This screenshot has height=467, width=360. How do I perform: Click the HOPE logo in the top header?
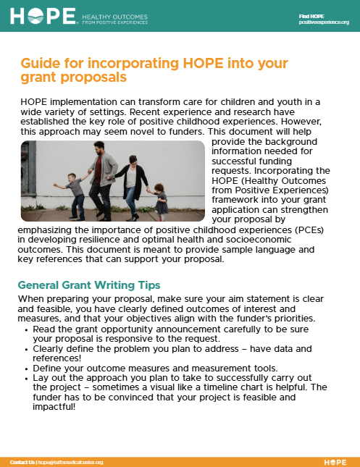[43, 16]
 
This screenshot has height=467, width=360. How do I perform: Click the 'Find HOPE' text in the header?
[311, 15]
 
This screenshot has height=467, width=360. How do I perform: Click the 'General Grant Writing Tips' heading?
[89, 285]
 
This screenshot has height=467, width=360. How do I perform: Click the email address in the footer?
[71, 462]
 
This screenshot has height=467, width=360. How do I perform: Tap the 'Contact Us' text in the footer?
[22, 462]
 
